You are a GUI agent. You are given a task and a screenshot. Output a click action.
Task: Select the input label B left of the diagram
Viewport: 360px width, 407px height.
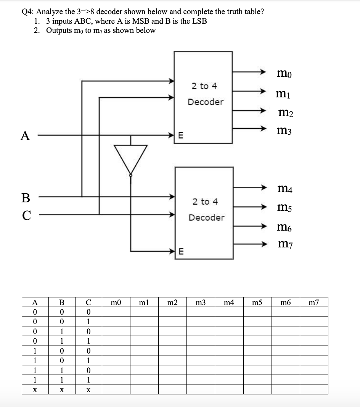(26, 197)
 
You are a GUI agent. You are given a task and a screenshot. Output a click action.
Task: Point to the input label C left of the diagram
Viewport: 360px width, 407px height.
(26, 215)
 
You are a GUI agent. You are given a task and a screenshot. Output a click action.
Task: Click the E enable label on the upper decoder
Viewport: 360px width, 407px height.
(181, 136)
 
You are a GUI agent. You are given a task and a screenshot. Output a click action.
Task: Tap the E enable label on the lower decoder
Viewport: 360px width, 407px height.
(181, 251)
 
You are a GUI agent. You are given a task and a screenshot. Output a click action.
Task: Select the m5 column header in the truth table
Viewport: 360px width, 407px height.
(257, 303)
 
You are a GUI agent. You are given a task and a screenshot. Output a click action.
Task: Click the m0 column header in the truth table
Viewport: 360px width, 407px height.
(116, 303)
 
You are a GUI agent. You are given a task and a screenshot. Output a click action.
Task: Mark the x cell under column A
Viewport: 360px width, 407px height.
(35, 390)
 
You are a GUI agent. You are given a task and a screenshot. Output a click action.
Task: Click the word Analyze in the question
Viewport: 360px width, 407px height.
(51, 11)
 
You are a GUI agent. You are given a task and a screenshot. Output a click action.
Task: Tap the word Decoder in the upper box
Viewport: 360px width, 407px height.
(206, 102)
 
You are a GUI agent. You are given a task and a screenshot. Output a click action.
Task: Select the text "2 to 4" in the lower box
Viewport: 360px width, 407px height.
(206, 201)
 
